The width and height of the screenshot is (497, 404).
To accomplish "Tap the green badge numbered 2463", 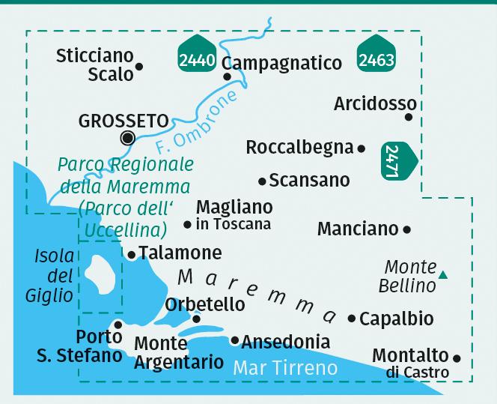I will point(376,57).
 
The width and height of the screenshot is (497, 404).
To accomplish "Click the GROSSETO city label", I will point(124,120).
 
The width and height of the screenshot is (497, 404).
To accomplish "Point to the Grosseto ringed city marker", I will point(128,137).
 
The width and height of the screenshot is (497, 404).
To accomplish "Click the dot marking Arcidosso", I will point(409,117).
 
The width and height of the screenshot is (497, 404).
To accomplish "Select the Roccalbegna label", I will point(299,148).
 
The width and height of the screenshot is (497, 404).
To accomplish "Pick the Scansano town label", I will point(309,180).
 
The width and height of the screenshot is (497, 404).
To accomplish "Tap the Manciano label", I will point(358,229).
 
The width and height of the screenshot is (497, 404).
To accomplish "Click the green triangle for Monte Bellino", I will point(443,275).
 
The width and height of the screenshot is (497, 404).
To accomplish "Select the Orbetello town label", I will point(205,304).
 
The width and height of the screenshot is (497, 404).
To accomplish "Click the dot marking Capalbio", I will point(352,319).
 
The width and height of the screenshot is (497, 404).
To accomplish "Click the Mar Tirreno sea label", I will point(285,367).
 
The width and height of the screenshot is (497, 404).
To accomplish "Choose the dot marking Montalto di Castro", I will point(456,358).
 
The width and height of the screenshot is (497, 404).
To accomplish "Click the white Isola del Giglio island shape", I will point(101,274).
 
